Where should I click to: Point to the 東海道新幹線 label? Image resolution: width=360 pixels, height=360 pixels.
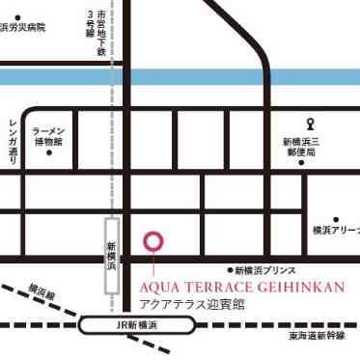[321, 337]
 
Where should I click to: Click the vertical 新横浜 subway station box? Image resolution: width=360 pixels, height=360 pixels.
[112, 255]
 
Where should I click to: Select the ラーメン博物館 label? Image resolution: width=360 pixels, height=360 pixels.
[47, 135]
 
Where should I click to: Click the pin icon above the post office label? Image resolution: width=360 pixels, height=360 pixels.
[309, 123]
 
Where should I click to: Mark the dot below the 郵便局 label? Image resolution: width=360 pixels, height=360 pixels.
[301, 162]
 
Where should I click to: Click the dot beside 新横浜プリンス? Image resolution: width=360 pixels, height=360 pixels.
[230, 271]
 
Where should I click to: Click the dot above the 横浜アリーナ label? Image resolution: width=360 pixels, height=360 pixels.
[336, 219]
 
